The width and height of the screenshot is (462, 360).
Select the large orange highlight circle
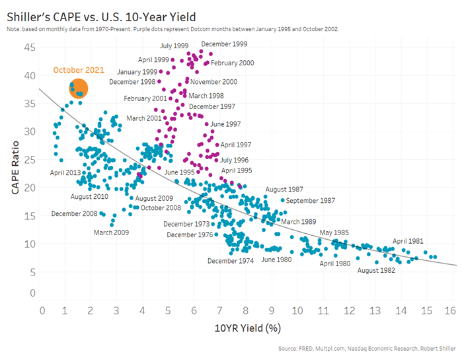coord(79,89)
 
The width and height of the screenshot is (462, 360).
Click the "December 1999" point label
coord(224,44)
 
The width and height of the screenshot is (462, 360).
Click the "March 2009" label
coord(111,233)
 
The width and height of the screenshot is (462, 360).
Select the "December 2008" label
coord(75,213)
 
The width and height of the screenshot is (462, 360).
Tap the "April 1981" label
coord(408,241)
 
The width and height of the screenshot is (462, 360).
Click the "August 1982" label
coord(376,270)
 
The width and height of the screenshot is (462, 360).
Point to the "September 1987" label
coord(311,200)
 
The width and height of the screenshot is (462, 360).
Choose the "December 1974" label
coord(231,261)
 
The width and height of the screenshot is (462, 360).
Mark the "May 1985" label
coord(334,233)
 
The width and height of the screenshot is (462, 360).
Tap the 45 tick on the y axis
coord(29,47)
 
